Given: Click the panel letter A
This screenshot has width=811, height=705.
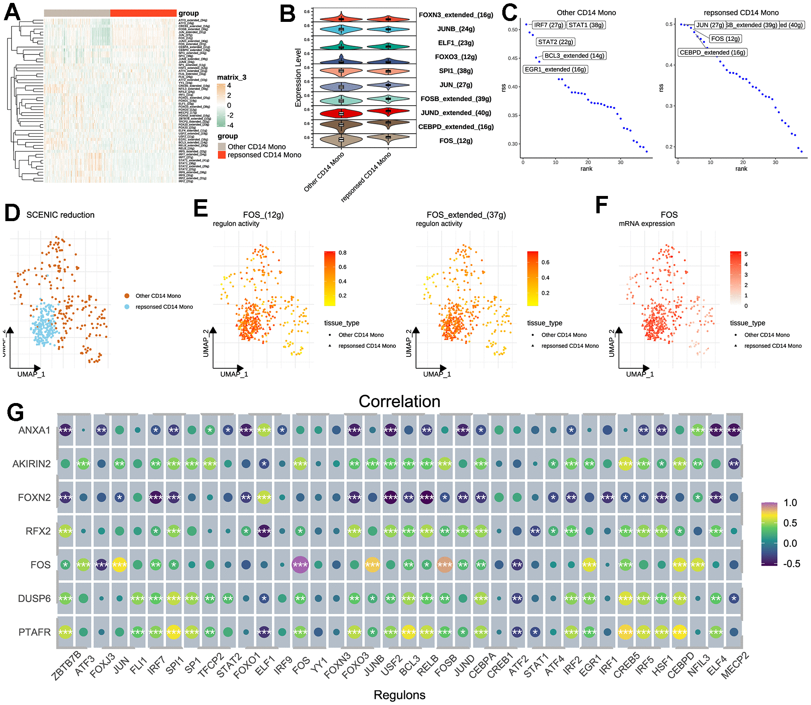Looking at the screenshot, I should point(12,12).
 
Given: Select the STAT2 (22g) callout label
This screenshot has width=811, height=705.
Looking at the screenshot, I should point(556,42).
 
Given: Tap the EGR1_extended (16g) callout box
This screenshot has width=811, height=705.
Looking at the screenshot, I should point(555,69).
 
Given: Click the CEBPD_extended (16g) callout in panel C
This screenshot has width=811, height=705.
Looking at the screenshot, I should point(712,52).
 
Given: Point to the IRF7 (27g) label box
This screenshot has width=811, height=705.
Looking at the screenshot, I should point(549,25).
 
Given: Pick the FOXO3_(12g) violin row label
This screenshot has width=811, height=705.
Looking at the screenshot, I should point(456,57).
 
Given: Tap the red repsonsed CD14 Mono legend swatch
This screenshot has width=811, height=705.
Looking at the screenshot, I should point(222,155).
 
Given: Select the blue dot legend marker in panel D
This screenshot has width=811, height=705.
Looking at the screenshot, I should point(127,307).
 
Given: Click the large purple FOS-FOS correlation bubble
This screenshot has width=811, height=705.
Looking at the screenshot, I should point(300,565).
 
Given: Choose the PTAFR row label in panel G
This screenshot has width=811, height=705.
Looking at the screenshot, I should point(34,632).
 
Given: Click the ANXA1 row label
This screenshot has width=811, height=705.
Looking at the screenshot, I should point(34,430).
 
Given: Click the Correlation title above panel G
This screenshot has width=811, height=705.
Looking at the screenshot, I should point(399,401).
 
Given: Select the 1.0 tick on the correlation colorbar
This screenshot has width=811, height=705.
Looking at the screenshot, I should point(790,503).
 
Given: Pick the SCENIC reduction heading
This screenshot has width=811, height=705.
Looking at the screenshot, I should point(60,215).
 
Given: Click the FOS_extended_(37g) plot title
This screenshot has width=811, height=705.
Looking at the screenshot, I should point(466,215).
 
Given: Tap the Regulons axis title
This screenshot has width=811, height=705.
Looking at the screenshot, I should point(399,695).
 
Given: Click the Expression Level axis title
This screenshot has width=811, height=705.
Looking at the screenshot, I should point(298,78).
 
